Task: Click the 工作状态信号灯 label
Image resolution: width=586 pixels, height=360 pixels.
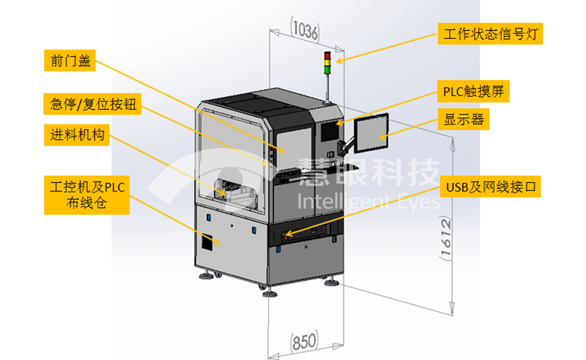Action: [x=490, y=34]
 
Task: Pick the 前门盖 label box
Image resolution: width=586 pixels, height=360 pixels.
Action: [x=70, y=62]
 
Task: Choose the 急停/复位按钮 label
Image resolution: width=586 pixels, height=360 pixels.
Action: [x=92, y=105]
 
